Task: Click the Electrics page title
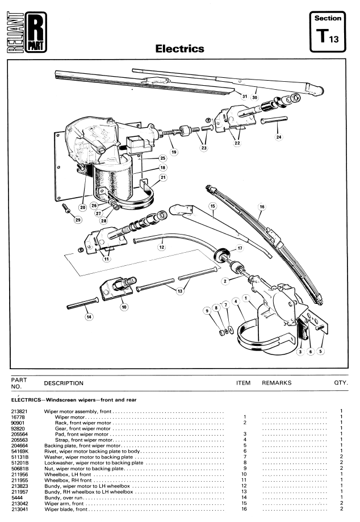[x=179, y=49]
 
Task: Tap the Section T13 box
[x=328, y=32]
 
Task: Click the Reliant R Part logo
[x=27, y=32]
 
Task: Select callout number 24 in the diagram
[x=279, y=137]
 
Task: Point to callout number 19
[x=174, y=152]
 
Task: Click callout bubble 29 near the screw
[x=78, y=220]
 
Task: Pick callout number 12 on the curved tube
[x=162, y=247]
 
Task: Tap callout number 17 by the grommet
[x=240, y=248]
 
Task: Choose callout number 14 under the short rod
[x=89, y=316]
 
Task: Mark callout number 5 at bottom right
[x=320, y=351]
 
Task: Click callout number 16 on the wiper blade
[x=262, y=207]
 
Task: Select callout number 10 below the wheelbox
[x=124, y=307]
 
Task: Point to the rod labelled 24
[x=274, y=120]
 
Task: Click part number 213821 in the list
[x=20, y=411]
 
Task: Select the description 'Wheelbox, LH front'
[x=68, y=474]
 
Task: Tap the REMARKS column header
[x=277, y=383]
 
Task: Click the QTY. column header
[x=341, y=383]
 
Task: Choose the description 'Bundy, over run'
[x=64, y=498]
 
